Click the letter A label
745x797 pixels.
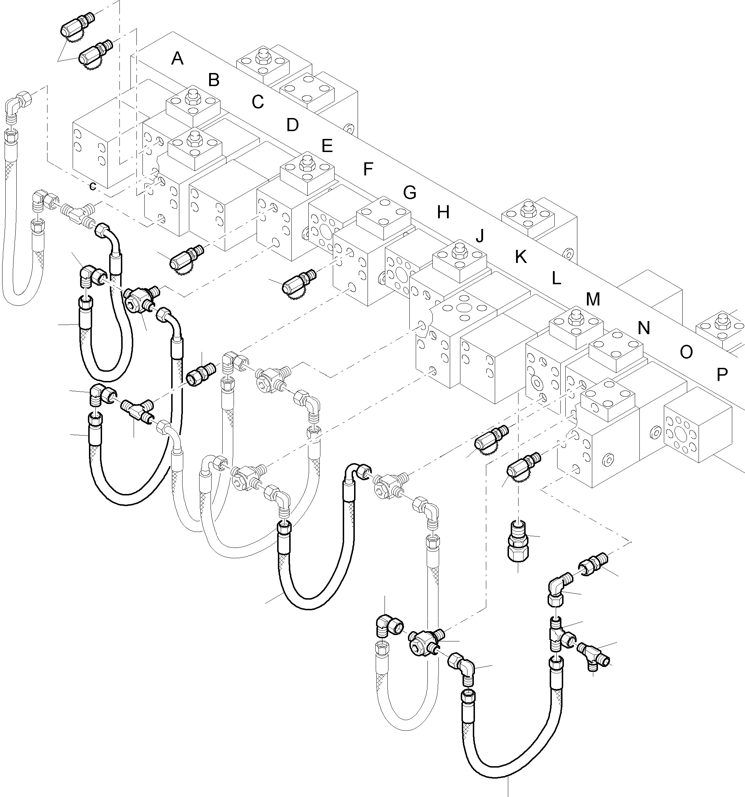coord(177,59)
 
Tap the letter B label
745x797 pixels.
coord(214,80)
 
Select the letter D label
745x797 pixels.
coord(292,125)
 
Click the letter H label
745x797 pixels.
coord(443,213)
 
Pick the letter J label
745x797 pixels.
coord(480,236)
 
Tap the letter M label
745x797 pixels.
coord(593,299)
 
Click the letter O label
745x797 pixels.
coord(686,352)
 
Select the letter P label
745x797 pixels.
coord(722,375)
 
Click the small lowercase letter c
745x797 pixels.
coord(93,186)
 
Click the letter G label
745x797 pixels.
coord(409,193)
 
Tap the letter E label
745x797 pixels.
coord(327,146)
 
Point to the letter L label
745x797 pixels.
coord(556,278)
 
